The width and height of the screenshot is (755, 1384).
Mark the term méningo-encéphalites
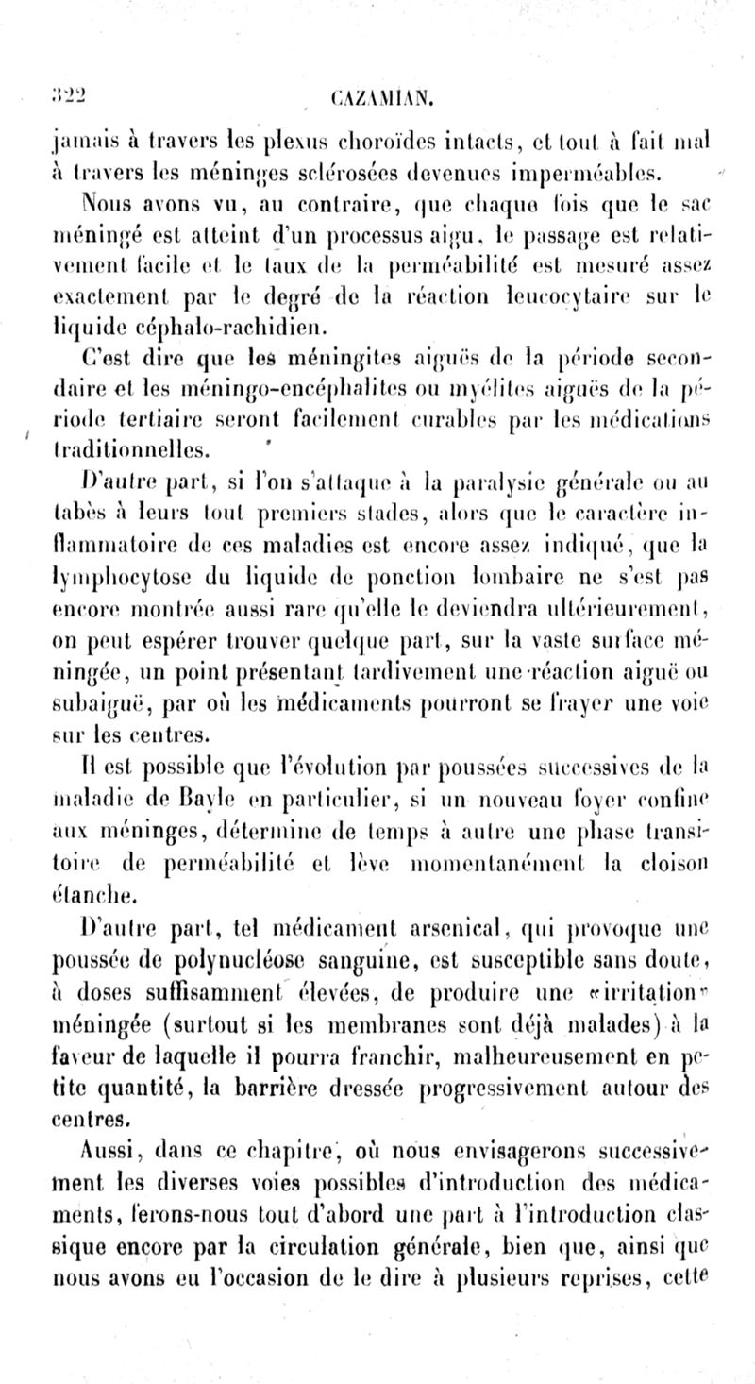243,388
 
